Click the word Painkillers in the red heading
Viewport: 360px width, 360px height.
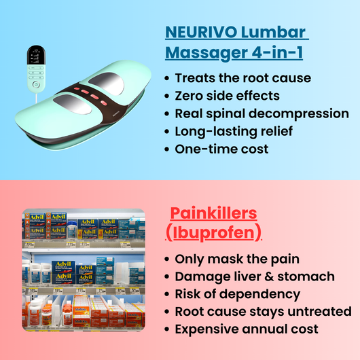tap(213, 213)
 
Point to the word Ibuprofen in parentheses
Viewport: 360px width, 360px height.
tap(214, 232)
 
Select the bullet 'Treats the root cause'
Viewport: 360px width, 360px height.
tap(242, 78)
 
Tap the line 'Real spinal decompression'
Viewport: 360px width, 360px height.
tap(262, 113)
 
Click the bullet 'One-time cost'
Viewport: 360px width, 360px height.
tap(221, 149)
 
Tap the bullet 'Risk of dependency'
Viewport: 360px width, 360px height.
tap(237, 294)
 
